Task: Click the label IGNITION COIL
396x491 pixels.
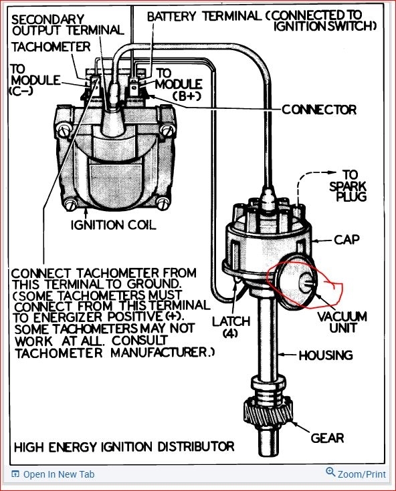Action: coord(113,225)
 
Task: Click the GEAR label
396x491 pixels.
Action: coord(327,438)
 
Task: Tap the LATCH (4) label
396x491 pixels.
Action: coord(230,327)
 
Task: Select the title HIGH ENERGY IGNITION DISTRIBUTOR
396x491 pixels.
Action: coord(124,446)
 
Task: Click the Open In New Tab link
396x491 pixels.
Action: coord(58,475)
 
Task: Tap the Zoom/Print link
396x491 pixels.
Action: coord(361,474)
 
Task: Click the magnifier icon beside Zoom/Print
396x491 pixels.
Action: coord(330,473)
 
